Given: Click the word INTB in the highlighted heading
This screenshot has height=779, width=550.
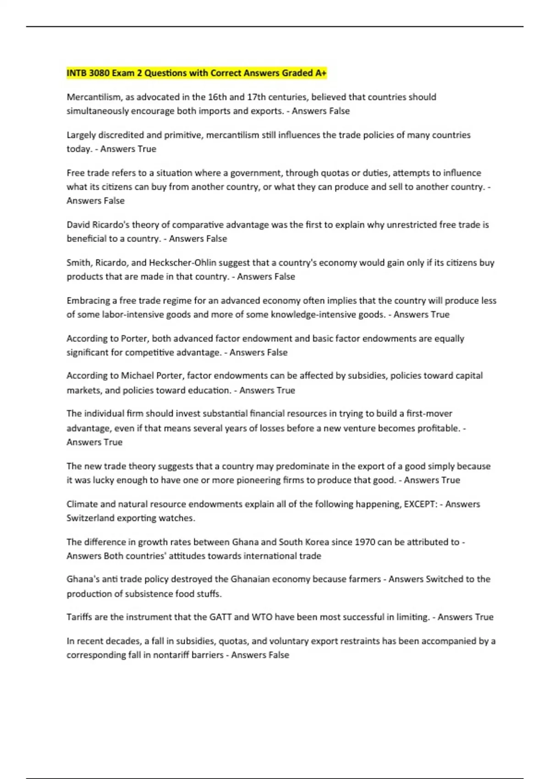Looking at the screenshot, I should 77,73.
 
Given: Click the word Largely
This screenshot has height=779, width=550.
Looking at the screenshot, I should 81,135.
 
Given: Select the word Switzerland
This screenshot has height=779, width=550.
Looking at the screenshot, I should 90,518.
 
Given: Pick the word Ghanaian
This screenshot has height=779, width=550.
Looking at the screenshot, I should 250,579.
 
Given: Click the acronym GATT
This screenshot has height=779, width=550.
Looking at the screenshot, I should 220,617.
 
